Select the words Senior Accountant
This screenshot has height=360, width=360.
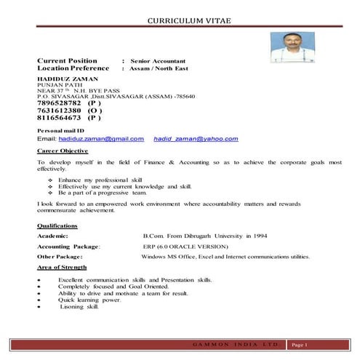point(159,60)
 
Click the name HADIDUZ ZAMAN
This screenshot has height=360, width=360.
point(67,78)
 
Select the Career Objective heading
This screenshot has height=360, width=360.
point(63,151)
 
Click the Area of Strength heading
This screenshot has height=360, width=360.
point(61,268)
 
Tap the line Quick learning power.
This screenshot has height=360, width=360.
point(89,300)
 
